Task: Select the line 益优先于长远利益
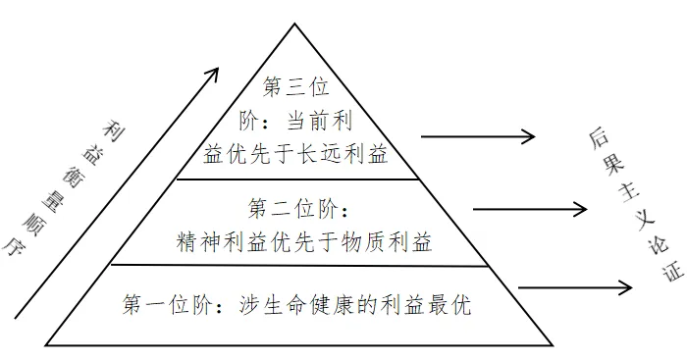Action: (295, 153)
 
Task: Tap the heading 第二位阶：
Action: (298, 208)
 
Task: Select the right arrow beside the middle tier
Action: (530, 208)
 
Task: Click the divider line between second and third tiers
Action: (294, 180)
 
